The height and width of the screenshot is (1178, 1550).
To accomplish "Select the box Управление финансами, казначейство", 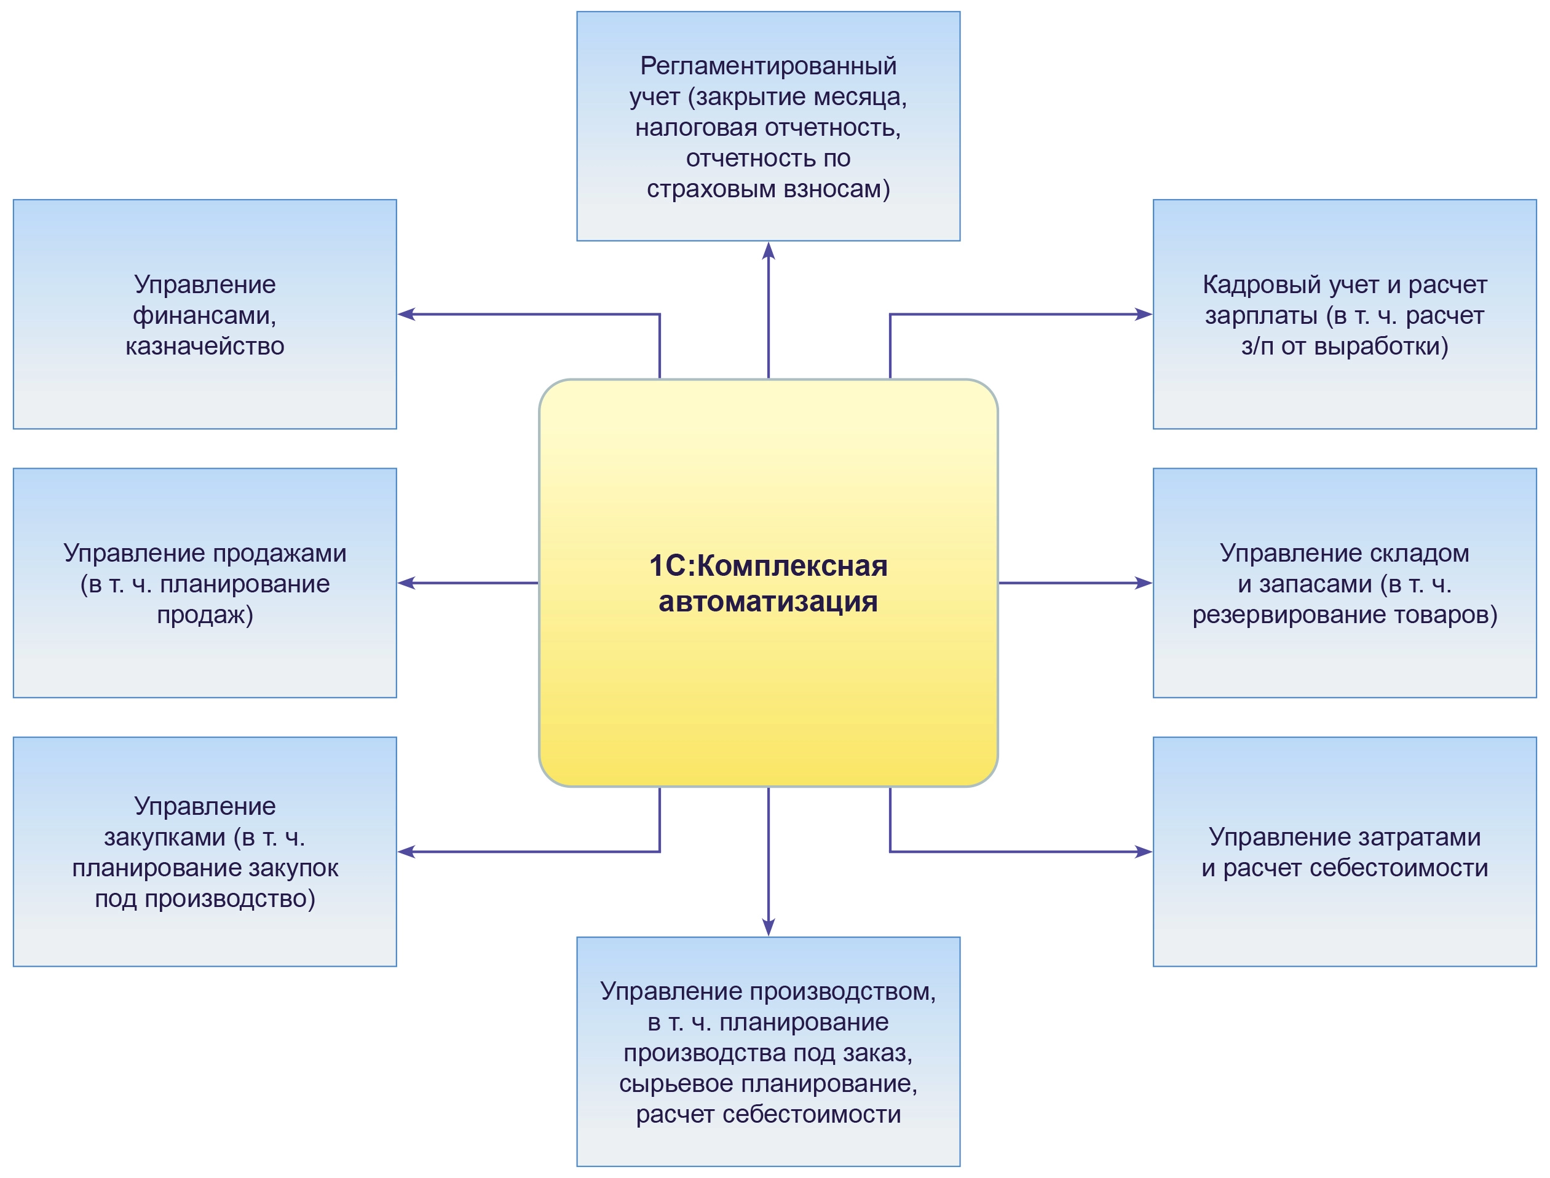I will click(x=204, y=314).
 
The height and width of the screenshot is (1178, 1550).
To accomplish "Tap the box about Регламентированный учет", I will click(x=768, y=126).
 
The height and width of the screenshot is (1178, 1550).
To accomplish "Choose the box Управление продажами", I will click(x=204, y=583).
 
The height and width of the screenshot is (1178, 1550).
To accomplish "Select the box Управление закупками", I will click(x=204, y=851).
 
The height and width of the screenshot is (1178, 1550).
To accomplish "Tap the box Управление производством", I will click(x=768, y=1052).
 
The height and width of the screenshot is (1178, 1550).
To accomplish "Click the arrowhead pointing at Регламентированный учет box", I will click(x=769, y=250).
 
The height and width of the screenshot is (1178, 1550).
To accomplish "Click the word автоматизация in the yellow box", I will click(x=768, y=602).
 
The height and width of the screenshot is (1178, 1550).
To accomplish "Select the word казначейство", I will click(x=204, y=346).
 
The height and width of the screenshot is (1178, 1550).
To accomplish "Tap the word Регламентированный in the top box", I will click(x=768, y=66).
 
